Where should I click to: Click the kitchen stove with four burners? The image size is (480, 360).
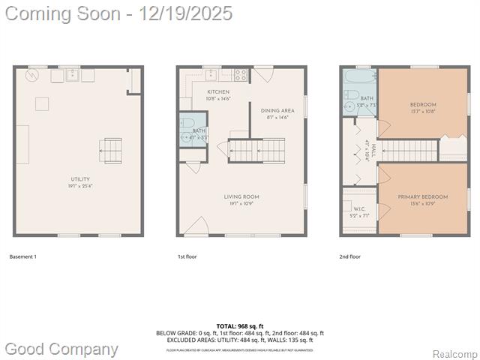pos(241,74)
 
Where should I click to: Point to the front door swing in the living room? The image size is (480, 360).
pos(196,226)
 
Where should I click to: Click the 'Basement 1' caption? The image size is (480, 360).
pos(22,256)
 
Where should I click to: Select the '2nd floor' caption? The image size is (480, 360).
pos(349,256)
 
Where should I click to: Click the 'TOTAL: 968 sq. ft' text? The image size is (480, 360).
pos(239,326)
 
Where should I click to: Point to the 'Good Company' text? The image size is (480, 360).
pos(61,349)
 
